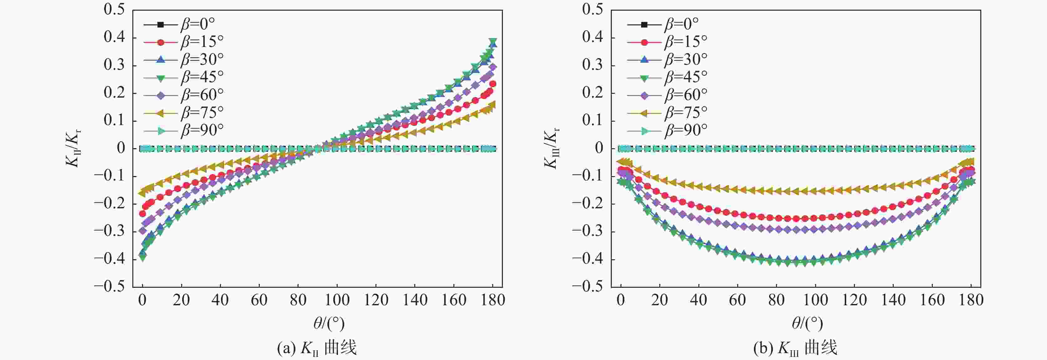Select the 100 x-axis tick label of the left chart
337,300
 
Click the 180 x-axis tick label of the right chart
971,300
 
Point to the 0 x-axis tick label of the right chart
621,300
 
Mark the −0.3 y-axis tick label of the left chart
109,231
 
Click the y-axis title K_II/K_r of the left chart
74,148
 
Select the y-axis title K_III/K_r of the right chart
552,148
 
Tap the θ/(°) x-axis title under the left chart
329,323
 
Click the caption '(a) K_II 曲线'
317,348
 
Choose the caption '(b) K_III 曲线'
795,348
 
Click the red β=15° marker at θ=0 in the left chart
142,213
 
